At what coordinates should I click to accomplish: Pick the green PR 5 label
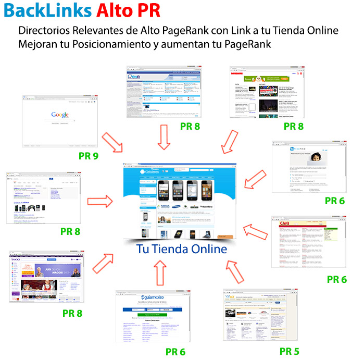click(289, 351)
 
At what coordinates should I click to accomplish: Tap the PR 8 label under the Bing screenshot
click(70, 231)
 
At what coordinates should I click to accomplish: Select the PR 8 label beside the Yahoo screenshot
click(72, 313)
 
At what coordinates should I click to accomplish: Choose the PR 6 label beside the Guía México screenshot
click(175, 352)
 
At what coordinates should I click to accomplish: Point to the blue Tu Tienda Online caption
click(182, 249)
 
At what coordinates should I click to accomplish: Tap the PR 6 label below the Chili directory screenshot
click(336, 279)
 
